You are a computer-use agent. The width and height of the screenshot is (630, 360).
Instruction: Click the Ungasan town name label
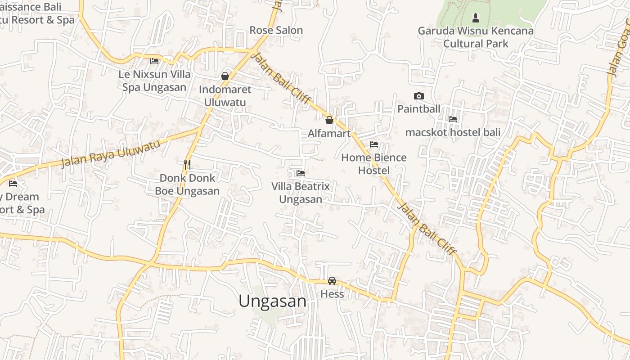click(x=272, y=301)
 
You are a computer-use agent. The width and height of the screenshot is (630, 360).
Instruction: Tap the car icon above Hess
click(x=332, y=281)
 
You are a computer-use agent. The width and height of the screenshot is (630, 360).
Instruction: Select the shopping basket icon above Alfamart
click(x=329, y=120)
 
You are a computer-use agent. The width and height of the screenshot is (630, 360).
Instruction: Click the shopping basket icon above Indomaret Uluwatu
click(x=225, y=76)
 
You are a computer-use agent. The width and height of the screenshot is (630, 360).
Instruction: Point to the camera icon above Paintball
click(x=418, y=96)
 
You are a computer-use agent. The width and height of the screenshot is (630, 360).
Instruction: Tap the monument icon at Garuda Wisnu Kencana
click(x=475, y=18)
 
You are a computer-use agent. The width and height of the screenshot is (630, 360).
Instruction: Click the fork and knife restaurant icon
click(x=187, y=164)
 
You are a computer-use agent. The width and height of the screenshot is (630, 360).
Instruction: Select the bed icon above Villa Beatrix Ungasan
click(x=301, y=173)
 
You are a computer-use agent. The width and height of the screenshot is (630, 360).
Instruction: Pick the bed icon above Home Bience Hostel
click(x=373, y=144)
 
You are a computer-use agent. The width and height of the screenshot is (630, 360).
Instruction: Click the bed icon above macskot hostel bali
click(x=453, y=119)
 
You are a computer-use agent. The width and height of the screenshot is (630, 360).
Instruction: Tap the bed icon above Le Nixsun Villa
click(x=154, y=61)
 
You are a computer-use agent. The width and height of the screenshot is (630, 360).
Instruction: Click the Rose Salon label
click(x=276, y=30)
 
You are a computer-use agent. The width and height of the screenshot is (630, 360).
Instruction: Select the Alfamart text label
click(x=329, y=134)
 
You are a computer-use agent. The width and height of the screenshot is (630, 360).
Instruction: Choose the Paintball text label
click(x=418, y=109)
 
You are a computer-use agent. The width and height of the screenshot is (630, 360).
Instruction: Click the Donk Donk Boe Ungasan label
click(x=187, y=184)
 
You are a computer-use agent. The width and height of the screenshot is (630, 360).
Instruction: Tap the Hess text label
click(x=332, y=294)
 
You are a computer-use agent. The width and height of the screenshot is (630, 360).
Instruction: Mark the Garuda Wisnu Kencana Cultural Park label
click(x=476, y=37)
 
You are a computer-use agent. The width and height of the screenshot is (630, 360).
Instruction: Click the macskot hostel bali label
click(x=453, y=133)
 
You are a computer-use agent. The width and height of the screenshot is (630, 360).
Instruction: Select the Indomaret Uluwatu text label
click(x=225, y=96)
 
